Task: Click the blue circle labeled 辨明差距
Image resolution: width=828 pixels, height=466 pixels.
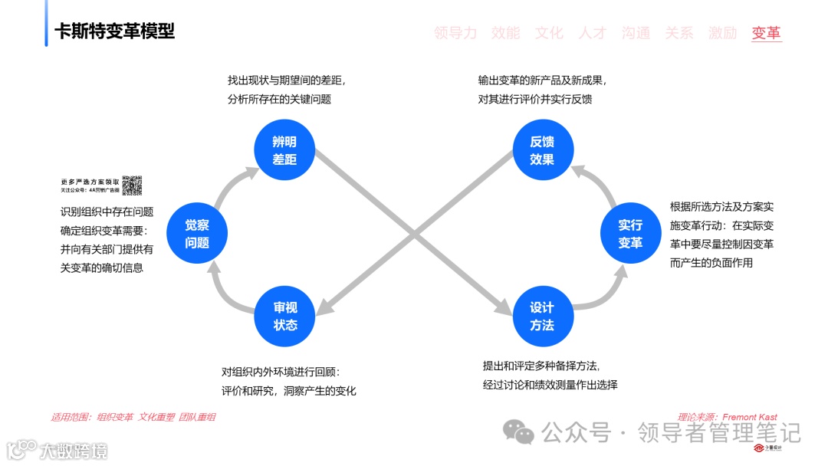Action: tap(285, 150)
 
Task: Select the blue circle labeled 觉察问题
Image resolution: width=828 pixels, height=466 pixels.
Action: tap(197, 234)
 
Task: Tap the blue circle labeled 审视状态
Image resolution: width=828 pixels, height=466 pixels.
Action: tap(285, 316)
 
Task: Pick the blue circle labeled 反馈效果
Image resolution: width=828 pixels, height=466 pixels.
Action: tap(543, 150)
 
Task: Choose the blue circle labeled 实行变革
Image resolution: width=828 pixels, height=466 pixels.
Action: tap(630, 234)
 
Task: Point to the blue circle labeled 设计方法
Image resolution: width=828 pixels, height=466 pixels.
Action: tap(543, 316)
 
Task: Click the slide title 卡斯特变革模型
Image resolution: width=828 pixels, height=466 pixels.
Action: tap(114, 31)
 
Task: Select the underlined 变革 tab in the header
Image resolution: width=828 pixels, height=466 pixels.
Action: tap(766, 33)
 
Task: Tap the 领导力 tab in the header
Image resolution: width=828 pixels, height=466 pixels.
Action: tap(455, 33)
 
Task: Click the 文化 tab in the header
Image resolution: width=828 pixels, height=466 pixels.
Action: tap(549, 33)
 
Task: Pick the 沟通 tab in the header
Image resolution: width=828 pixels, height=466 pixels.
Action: tap(636, 33)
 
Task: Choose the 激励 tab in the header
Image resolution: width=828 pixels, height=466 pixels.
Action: tap(722, 33)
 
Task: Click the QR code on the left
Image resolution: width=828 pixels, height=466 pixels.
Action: tap(132, 185)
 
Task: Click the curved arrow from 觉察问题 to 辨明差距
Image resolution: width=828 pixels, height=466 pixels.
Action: tap(230, 183)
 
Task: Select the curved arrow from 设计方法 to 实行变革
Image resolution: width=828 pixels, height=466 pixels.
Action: tap(606, 296)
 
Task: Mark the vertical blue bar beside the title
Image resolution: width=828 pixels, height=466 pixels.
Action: tap(46, 30)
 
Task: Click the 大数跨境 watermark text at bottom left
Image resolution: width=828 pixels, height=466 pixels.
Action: tap(74, 450)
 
